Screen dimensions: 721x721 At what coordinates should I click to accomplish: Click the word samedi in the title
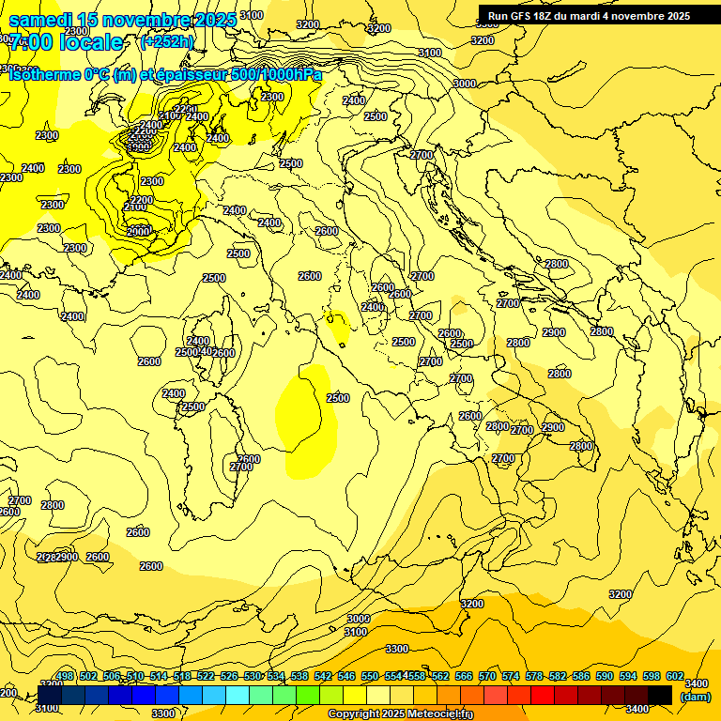41,20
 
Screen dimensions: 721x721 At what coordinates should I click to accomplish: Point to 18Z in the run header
545,16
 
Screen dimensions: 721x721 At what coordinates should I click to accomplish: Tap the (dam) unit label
695,696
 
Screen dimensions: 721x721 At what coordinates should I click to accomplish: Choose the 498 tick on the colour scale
65,677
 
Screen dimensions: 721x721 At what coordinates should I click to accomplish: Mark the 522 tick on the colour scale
206,677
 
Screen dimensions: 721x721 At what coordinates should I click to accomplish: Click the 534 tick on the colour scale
276,677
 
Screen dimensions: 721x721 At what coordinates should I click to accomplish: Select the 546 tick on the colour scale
346,677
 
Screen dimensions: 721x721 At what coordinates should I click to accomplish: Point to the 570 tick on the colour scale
487,677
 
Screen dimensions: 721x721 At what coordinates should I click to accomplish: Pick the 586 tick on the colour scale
581,677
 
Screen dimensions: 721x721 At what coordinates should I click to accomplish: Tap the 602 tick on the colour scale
675,677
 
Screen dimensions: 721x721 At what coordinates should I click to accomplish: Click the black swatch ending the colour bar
660,695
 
